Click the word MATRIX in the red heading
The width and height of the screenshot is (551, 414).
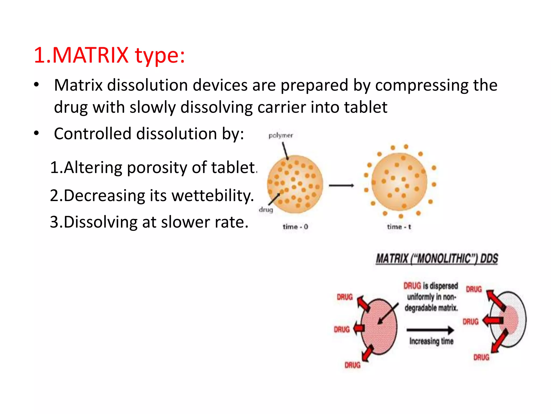point(90,55)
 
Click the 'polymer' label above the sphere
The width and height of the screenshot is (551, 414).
point(281,136)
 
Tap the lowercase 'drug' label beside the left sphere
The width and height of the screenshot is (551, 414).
point(266,209)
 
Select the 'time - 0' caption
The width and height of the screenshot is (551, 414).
point(295,227)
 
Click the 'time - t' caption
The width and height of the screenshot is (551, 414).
point(399,227)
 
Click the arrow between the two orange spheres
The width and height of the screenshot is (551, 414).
point(341,185)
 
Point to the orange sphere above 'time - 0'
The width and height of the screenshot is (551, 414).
point(295,184)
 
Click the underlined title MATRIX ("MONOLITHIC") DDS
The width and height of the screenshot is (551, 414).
point(437,259)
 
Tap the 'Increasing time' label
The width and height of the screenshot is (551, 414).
point(431,341)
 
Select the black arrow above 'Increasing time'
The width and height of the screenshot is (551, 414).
point(430,330)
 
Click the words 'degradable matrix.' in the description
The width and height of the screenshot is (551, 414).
point(431,308)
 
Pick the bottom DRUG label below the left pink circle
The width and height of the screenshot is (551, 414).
point(352,365)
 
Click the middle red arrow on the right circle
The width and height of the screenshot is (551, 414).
point(493,320)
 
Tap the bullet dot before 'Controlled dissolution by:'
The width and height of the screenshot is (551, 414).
point(37,133)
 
